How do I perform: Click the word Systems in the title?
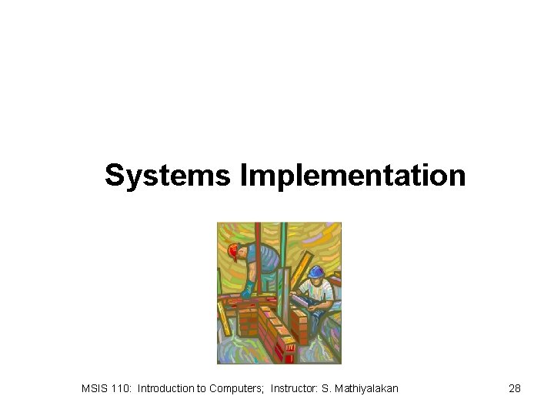167,175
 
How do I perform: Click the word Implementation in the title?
353,175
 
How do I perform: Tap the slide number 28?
515,388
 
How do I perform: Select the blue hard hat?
316,271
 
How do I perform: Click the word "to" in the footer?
202,388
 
